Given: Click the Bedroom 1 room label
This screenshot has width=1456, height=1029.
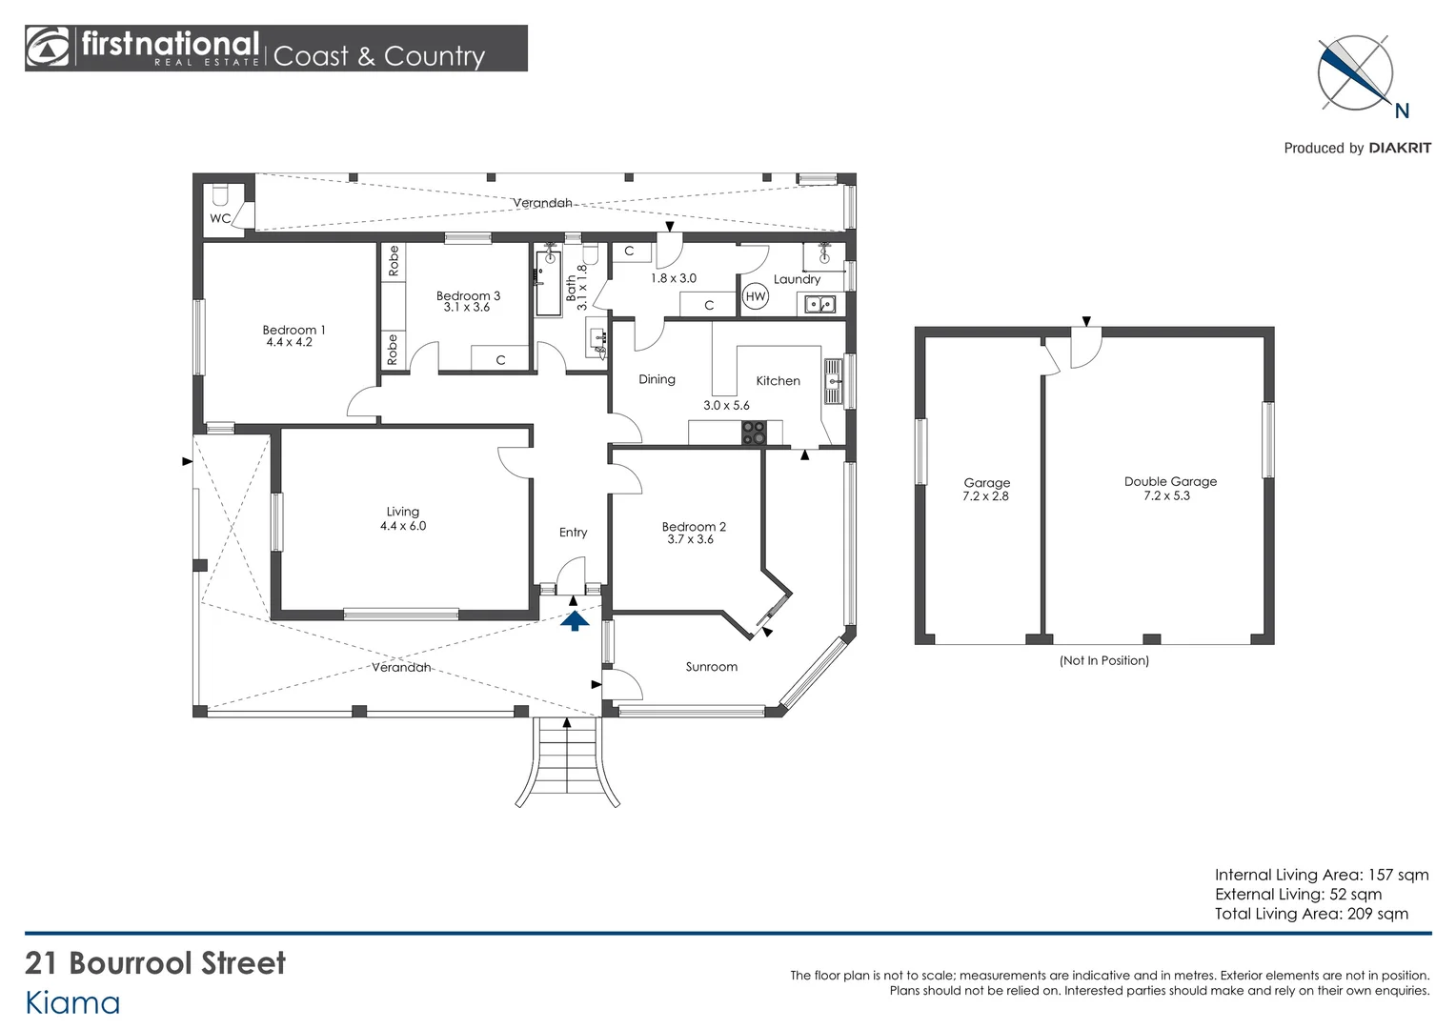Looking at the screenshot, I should pyautogui.click(x=293, y=330).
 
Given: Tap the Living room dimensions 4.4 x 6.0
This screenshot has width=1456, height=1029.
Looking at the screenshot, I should pyautogui.click(x=403, y=526).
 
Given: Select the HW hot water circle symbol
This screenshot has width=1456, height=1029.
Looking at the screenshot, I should pyautogui.click(x=756, y=296).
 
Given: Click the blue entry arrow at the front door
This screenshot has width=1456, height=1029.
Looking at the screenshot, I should pyautogui.click(x=575, y=621).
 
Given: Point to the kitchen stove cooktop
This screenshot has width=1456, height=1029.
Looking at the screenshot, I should pyautogui.click(x=754, y=433).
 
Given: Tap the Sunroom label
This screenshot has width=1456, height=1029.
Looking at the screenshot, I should pyautogui.click(x=711, y=667).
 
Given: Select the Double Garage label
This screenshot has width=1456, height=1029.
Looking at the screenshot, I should pyautogui.click(x=1170, y=482).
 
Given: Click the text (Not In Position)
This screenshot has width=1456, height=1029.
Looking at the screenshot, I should pyautogui.click(x=1103, y=660).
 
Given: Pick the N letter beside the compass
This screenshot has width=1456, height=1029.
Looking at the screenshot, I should pyautogui.click(x=1401, y=111).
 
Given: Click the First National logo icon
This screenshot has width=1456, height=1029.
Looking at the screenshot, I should pyautogui.click(x=49, y=48).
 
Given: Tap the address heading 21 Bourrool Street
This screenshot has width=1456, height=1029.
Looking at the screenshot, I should pyautogui.click(x=155, y=963).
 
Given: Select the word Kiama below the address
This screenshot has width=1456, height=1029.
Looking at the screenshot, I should pyautogui.click(x=72, y=1003).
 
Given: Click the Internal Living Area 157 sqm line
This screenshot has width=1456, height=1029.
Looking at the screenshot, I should pyautogui.click(x=1321, y=875).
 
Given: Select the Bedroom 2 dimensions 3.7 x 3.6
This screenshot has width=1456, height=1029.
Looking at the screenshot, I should pyautogui.click(x=690, y=539).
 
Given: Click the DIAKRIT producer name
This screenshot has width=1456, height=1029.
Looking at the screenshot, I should pyautogui.click(x=1399, y=148).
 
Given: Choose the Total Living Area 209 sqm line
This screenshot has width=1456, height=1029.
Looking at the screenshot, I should pyautogui.click(x=1311, y=914).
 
